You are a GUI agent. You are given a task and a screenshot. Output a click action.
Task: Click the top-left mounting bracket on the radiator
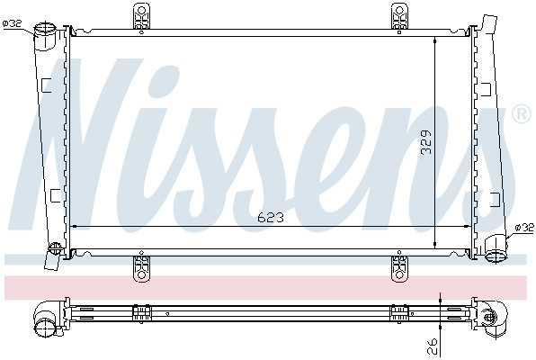pyautogui.click(x=141, y=17)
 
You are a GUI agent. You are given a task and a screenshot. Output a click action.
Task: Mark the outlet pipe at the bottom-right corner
pyautogui.click(x=494, y=256)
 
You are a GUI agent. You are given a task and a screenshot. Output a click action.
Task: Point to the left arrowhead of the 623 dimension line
pyautogui.click(x=75, y=226)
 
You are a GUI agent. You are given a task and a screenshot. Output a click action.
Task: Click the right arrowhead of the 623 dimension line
pyautogui.click(x=467, y=226)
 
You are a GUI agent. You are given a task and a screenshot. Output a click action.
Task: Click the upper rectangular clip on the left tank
pyautogui.click(x=48, y=85)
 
